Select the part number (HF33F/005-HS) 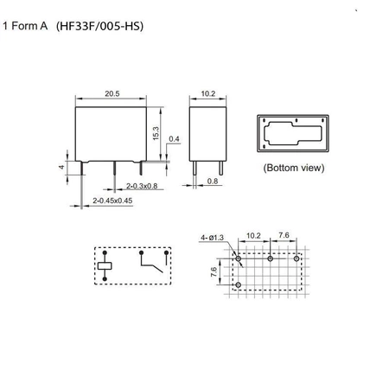click(99, 26)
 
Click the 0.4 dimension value click(175, 138)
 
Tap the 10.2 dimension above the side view click(207, 92)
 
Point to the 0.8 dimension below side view click(214, 182)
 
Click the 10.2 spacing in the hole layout click(253, 235)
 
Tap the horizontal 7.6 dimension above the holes click(284, 235)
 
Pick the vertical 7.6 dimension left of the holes click(214, 272)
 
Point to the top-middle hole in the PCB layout click(270, 258)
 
